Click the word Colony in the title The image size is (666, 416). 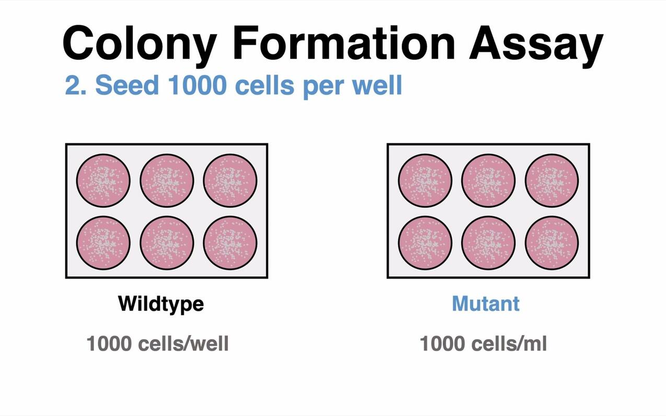point(139,42)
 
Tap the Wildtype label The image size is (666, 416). point(160,304)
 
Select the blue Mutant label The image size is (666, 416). point(486,303)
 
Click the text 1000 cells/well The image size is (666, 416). point(157,343)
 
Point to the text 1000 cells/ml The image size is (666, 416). point(483,343)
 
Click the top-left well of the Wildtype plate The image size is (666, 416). point(103,180)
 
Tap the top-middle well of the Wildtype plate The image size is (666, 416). point(166,180)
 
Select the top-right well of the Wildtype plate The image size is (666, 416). point(230,180)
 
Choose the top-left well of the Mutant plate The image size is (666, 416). point(424,180)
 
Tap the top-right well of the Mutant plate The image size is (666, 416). point(552,180)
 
